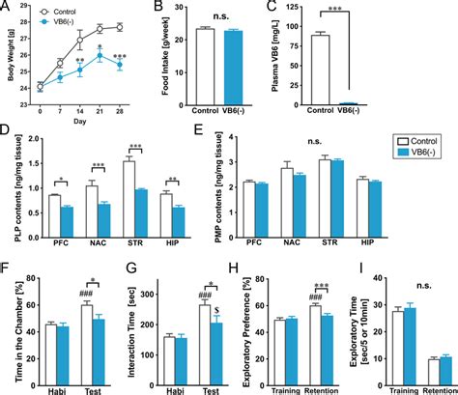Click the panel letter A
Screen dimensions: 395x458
pyautogui.click(x=7, y=7)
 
